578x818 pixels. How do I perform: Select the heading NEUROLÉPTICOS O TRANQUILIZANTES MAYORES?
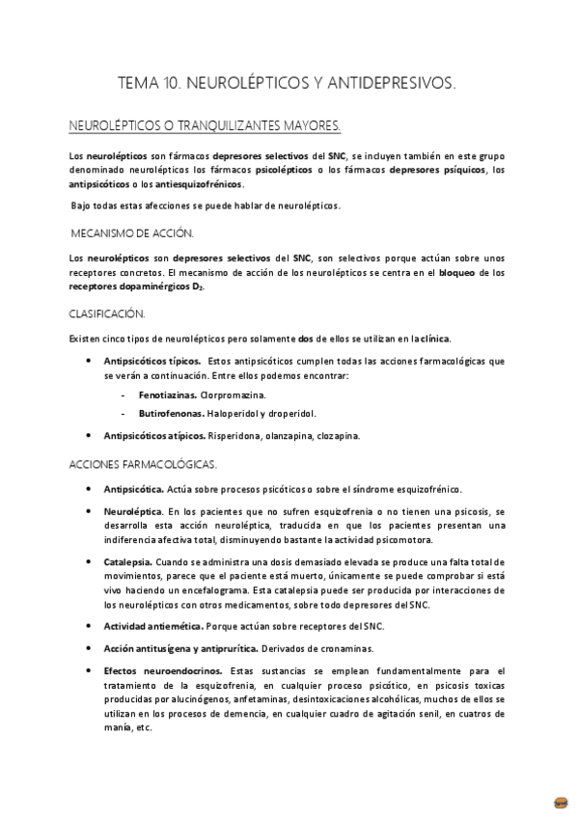[x=205, y=126]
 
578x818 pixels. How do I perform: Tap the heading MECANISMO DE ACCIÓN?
[x=133, y=232]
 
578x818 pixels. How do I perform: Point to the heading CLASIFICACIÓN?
[x=107, y=314]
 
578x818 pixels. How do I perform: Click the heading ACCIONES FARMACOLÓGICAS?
[x=144, y=463]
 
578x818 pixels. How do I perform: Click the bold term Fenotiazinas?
[x=168, y=395]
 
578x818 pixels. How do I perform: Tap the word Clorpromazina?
[x=234, y=395]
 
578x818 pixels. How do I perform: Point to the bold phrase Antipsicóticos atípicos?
[x=158, y=436]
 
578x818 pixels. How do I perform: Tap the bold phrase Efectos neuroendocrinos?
[x=163, y=670]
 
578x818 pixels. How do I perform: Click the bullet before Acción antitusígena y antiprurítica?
[x=90, y=648]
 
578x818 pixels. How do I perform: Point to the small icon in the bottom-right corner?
[x=561, y=802]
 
